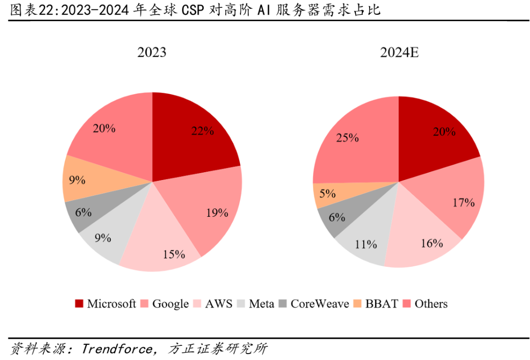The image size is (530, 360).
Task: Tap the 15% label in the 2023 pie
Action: coord(174,255)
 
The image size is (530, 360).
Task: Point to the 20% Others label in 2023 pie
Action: coord(104,129)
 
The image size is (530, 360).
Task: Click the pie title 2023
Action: coord(152,52)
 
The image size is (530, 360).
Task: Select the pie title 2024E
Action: coord(399,52)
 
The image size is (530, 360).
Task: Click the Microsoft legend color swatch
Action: coord(79,304)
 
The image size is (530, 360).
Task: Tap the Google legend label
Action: coord(170,304)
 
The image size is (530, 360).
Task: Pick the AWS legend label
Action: coord(218,304)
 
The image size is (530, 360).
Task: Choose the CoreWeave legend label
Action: coord(319,304)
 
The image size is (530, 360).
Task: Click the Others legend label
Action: coord(431,304)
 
